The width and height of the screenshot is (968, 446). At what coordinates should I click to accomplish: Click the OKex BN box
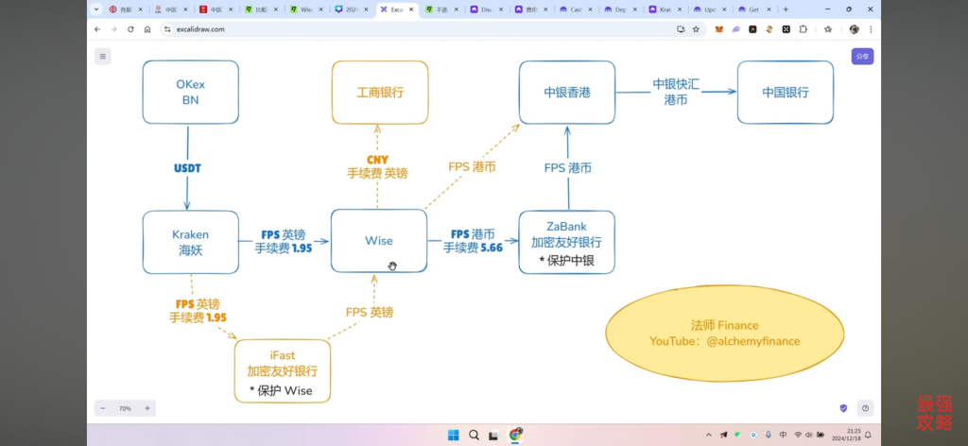click(190, 92)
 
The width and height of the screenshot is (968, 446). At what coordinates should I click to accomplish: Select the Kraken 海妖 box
click(190, 242)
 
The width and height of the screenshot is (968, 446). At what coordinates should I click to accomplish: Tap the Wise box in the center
click(378, 241)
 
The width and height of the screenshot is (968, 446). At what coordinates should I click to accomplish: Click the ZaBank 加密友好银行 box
click(566, 242)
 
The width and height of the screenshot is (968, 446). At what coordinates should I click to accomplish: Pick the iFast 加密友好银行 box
click(282, 371)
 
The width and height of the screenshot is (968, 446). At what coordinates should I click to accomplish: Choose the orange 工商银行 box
click(379, 93)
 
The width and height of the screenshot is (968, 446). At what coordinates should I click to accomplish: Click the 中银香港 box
click(566, 93)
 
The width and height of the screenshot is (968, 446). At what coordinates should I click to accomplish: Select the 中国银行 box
click(785, 93)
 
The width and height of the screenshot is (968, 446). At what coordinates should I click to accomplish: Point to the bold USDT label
click(187, 168)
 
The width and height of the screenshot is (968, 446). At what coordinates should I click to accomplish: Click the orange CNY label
click(377, 160)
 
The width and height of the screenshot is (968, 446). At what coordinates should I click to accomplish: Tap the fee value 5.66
click(490, 249)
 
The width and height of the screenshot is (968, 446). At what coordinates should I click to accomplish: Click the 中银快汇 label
click(676, 84)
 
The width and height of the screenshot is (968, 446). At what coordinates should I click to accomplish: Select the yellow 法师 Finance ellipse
click(724, 334)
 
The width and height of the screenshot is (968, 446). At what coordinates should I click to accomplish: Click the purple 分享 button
click(861, 57)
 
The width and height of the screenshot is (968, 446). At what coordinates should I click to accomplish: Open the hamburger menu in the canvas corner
click(102, 57)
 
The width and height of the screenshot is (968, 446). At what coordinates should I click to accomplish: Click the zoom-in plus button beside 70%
click(147, 408)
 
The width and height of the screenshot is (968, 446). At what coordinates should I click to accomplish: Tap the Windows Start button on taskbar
click(453, 435)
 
